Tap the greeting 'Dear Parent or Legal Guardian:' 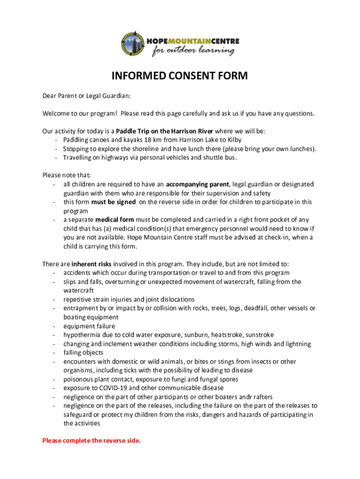[x=86, y=96]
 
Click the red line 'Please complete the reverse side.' [x=91, y=441]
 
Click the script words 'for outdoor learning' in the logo [x=193, y=51]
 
